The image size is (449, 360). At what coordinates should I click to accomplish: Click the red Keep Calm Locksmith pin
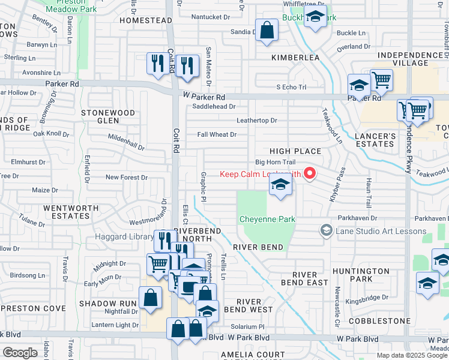point(310,174)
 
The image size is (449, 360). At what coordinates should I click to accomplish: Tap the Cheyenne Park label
point(267,220)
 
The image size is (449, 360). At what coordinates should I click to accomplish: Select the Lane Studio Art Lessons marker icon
point(326,230)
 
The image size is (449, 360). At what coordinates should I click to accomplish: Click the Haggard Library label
point(125,237)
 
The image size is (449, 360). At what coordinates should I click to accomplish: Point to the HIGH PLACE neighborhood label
point(295,152)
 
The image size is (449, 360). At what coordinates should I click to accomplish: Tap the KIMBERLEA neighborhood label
point(295,58)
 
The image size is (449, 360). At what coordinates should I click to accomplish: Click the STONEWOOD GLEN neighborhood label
point(108,116)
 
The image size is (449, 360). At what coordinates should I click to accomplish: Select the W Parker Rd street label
point(204,97)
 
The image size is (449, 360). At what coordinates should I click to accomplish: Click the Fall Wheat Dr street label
point(217,134)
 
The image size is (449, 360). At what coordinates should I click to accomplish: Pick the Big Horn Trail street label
point(276,162)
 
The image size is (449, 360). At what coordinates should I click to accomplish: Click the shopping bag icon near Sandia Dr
point(267,30)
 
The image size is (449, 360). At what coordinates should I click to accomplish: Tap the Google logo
point(20,353)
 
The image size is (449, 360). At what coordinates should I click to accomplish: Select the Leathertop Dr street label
point(256,121)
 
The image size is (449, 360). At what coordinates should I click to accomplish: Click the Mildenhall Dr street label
point(127,142)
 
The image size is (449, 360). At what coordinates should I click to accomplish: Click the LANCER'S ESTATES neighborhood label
point(375,140)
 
